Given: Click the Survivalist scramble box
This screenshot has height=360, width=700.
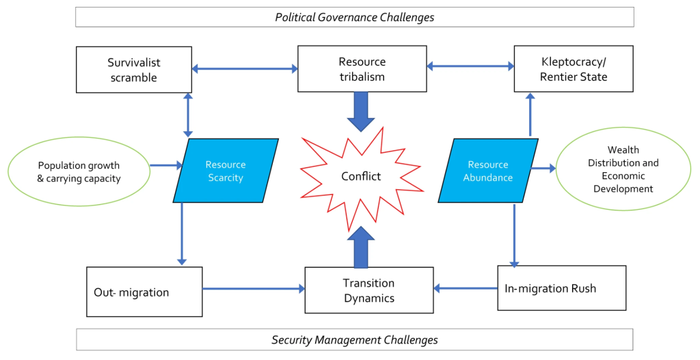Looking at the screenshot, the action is point(134,70).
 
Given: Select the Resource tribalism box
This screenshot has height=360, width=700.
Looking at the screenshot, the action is point(362,69).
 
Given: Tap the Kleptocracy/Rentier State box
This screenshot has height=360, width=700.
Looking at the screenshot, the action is point(574,69).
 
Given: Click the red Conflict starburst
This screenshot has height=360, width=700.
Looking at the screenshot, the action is point(361,177).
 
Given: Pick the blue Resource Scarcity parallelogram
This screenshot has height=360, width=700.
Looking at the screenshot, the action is point(226,170).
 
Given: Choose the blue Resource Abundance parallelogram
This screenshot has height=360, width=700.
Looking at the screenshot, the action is point(488,170).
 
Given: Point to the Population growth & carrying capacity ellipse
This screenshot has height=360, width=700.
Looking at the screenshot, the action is point(79,171).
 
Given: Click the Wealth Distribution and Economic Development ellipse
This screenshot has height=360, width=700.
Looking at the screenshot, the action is point(623,169).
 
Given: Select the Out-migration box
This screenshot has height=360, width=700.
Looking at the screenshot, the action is point(144,292).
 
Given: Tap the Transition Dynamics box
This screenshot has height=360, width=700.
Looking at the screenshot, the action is point(369,290).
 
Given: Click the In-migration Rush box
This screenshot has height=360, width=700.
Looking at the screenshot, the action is point(562,288).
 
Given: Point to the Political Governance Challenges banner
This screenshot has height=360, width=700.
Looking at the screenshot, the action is point(355,17).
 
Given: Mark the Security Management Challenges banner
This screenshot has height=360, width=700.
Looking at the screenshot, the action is point(355,340).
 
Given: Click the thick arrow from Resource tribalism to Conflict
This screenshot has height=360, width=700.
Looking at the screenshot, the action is point(361,111).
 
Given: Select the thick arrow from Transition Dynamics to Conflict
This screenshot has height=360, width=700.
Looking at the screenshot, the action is point(361,247).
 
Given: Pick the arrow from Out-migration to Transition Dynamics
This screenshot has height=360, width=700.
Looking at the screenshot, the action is point(254,289).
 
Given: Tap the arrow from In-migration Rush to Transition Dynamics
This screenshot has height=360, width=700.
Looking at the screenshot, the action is point(466,289).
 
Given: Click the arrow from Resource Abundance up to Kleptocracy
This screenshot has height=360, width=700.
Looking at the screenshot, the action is point(530,114).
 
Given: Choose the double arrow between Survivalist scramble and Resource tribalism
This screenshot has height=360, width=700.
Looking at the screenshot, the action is point(245,69).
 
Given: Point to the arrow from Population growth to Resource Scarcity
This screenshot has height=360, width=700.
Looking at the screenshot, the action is point(167,165).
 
